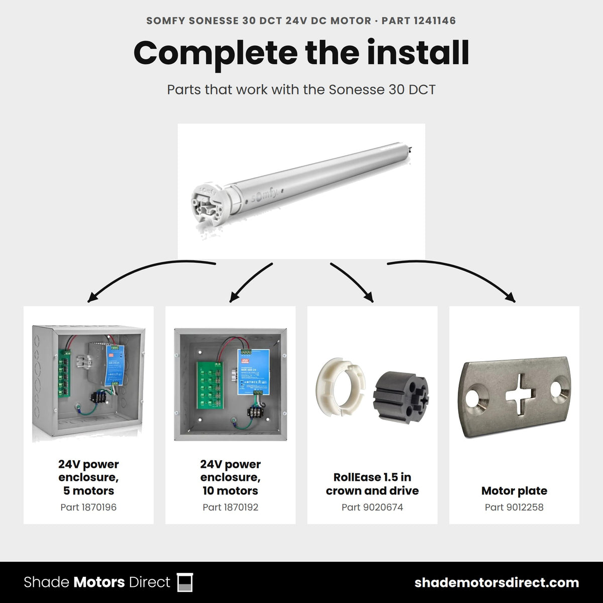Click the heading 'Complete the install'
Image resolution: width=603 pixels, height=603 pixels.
pyautogui.click(x=301, y=53)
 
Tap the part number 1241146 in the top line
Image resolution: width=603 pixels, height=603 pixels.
pyautogui.click(x=435, y=21)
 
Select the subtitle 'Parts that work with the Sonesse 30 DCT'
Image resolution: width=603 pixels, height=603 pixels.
pyautogui.click(x=301, y=90)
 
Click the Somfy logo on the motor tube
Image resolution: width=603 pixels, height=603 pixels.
pyautogui.click(x=264, y=195)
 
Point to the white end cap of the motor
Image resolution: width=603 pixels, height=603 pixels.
pyautogui.click(x=208, y=205)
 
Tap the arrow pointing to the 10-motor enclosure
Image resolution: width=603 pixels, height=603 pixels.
pyautogui.click(x=249, y=281)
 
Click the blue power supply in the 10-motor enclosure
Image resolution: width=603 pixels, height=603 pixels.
pyautogui.click(x=253, y=372)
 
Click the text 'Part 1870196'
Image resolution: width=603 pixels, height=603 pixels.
pyautogui.click(x=88, y=507)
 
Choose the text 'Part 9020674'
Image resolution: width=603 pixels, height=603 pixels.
pyautogui.click(x=372, y=507)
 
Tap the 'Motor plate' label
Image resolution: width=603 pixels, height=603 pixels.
pyautogui.click(x=514, y=490)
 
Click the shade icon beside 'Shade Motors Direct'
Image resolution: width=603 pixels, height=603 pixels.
pyautogui.click(x=185, y=582)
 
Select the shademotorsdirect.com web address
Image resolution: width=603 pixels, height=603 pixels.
pyautogui.click(x=496, y=583)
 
